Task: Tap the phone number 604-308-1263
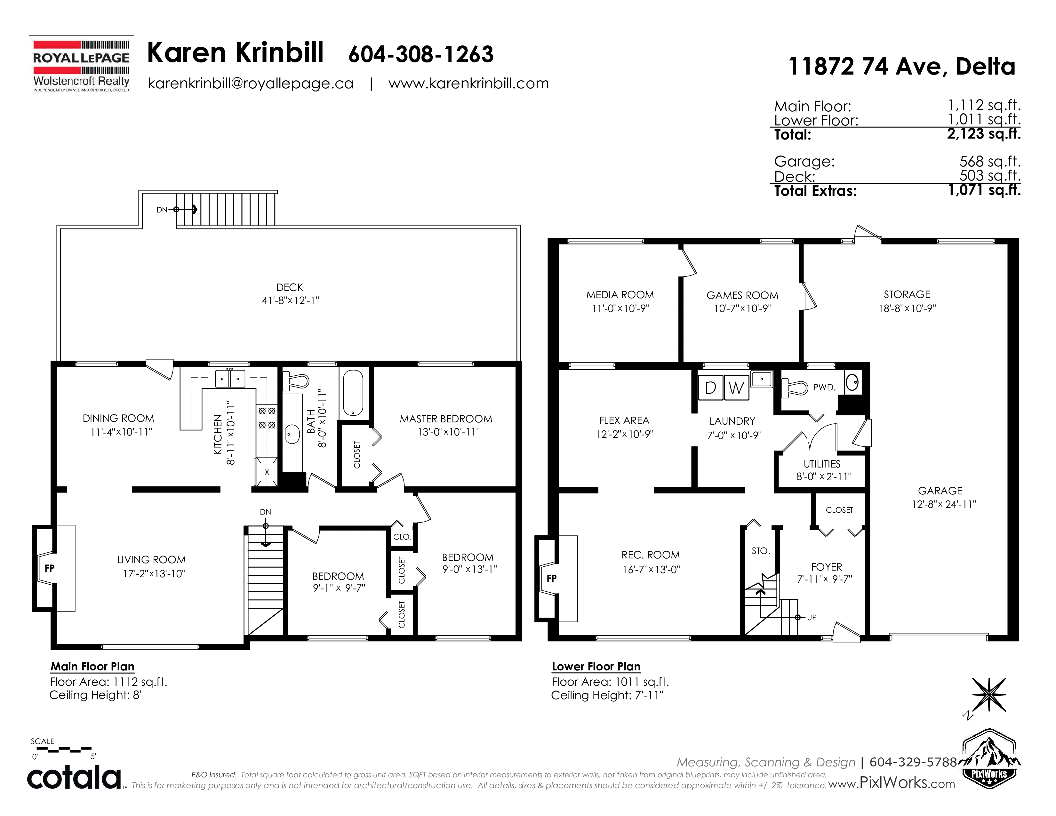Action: (421, 54)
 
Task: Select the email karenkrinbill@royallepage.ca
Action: (251, 84)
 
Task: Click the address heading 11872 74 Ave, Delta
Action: (902, 66)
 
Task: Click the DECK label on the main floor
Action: (290, 287)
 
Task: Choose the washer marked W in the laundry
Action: (736, 388)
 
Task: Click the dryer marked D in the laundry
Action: (711, 388)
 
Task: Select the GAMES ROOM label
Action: (742, 295)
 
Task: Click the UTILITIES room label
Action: (822, 464)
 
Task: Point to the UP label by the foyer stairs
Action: (812, 617)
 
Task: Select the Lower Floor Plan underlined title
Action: (596, 667)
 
